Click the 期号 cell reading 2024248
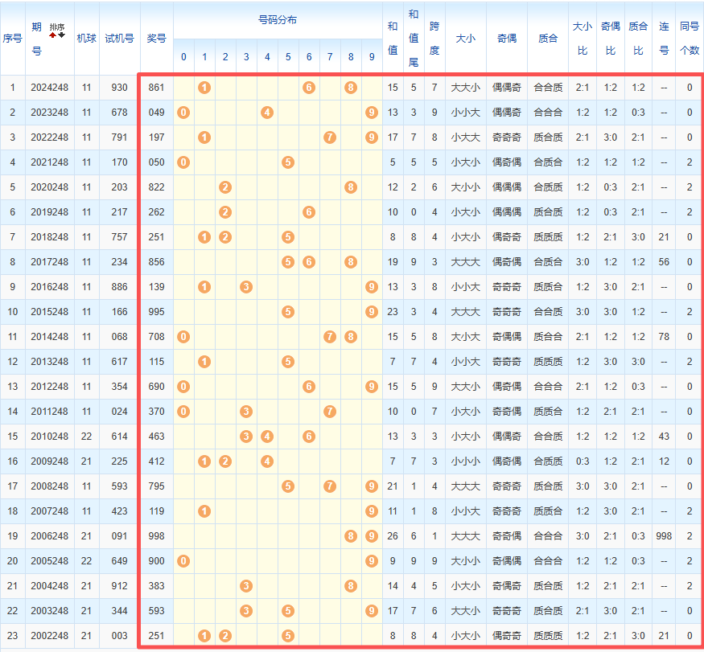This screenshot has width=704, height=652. coord(50,87)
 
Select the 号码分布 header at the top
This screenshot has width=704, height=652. coord(278,20)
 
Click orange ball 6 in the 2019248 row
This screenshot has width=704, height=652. coord(309,211)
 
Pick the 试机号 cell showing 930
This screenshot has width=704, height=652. coord(119,87)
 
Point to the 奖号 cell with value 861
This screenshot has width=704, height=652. coord(157,87)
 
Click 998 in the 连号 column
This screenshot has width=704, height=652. coord(664,535)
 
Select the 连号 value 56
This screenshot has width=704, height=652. coord(664,261)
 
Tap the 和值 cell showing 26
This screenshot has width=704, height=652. coord(393,535)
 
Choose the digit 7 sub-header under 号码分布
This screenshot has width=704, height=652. coord(330,57)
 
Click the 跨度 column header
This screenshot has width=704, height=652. coord(434,38)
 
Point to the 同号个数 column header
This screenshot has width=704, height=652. coord(690,38)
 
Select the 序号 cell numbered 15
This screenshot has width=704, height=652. coord(13,436)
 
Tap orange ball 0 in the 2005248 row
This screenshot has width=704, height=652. coord(183,560)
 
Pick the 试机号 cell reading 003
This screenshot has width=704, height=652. coord(119,635)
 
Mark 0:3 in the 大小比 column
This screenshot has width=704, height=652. coord(583,461)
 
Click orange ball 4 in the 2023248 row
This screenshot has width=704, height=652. coord(267,112)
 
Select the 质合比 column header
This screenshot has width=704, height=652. coord(638,38)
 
